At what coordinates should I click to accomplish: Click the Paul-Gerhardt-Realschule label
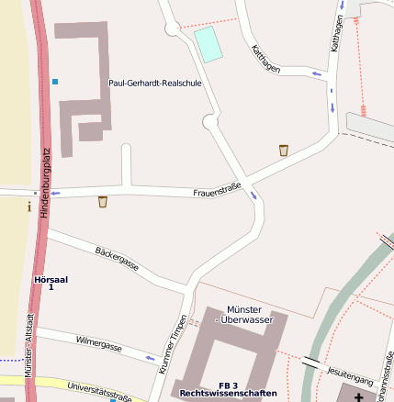pos(154,83)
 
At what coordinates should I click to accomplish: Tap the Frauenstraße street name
pos(217,190)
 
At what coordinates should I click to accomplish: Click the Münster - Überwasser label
pos(244,315)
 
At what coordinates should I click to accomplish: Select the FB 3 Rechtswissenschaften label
pos(228,389)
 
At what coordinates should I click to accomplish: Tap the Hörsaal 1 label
pos(51,283)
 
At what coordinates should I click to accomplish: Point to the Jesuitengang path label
pos(350,376)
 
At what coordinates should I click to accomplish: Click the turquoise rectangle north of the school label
pos(209,44)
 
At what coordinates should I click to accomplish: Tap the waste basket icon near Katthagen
pos(284,150)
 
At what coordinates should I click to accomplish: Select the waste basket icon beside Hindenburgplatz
pos(103,202)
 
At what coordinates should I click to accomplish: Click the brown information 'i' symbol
pos(28,207)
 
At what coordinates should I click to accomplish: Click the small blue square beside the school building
pos(55,83)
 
